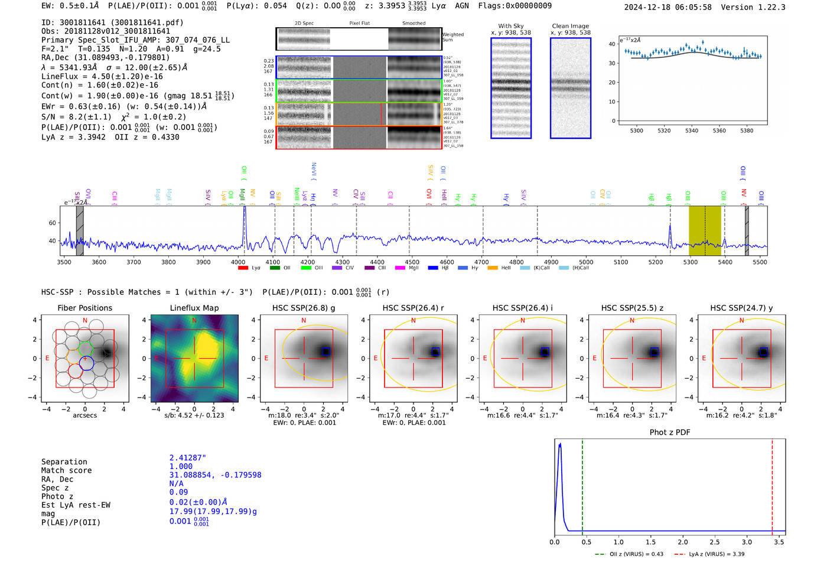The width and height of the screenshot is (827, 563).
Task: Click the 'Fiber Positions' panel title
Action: (84, 308)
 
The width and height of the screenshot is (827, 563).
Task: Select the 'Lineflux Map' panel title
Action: (194, 308)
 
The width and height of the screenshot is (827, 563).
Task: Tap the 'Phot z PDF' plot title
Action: (670, 432)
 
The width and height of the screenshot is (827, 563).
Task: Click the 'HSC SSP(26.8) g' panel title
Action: (304, 308)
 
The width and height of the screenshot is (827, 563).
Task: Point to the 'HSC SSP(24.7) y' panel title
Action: (741, 308)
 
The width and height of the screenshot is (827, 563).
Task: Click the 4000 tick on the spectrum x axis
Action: (237, 262)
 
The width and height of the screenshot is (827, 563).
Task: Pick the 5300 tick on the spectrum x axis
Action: (690, 262)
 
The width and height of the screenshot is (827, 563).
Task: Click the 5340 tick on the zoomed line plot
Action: (692, 131)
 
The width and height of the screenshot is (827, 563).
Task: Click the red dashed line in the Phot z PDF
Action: (772, 484)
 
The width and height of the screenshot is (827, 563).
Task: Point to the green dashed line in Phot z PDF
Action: (582, 484)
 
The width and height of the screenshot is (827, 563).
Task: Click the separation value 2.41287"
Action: (188, 458)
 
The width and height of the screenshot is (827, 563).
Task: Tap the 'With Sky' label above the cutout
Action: (511, 26)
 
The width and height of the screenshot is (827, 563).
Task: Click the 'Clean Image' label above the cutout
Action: (570, 26)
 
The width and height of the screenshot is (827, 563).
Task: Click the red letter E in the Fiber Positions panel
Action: (47, 359)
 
